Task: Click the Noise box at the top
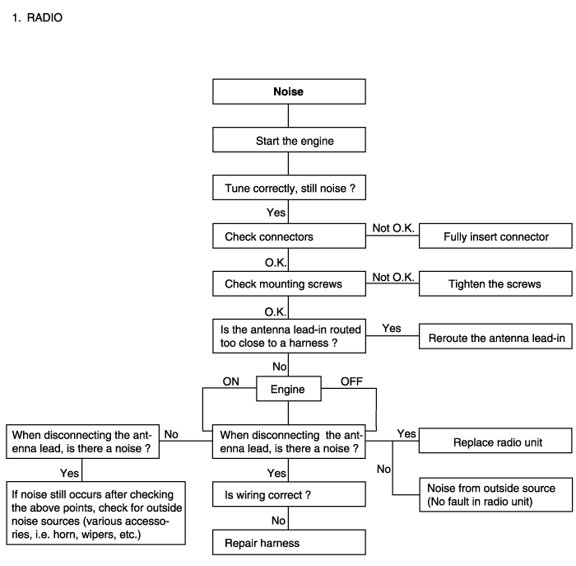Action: pyautogui.click(x=289, y=91)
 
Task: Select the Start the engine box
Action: pyautogui.click(x=289, y=140)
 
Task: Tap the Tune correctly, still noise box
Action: pyautogui.click(x=289, y=188)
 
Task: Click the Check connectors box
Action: pyautogui.click(x=289, y=236)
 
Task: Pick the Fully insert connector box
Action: pyautogui.click(x=495, y=236)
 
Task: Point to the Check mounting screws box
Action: pyautogui.click(x=289, y=283)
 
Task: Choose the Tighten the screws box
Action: pyautogui.click(x=495, y=283)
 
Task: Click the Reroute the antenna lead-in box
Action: pyautogui.click(x=495, y=336)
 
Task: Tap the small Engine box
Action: pyautogui.click(x=289, y=388)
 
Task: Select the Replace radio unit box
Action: pyautogui.click(x=495, y=441)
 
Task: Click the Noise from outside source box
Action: pyautogui.click(x=496, y=494)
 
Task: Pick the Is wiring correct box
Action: pyautogui.click(x=289, y=494)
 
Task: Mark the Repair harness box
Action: pyautogui.click(x=289, y=542)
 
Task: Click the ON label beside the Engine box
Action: pyautogui.click(x=230, y=381)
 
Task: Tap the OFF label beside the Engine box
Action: pyautogui.click(x=351, y=381)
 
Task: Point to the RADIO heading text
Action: pyautogui.click(x=44, y=17)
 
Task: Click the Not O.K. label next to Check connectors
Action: pyautogui.click(x=393, y=228)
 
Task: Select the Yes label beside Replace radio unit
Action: pyautogui.click(x=406, y=434)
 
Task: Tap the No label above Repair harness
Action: pyautogui.click(x=278, y=521)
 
